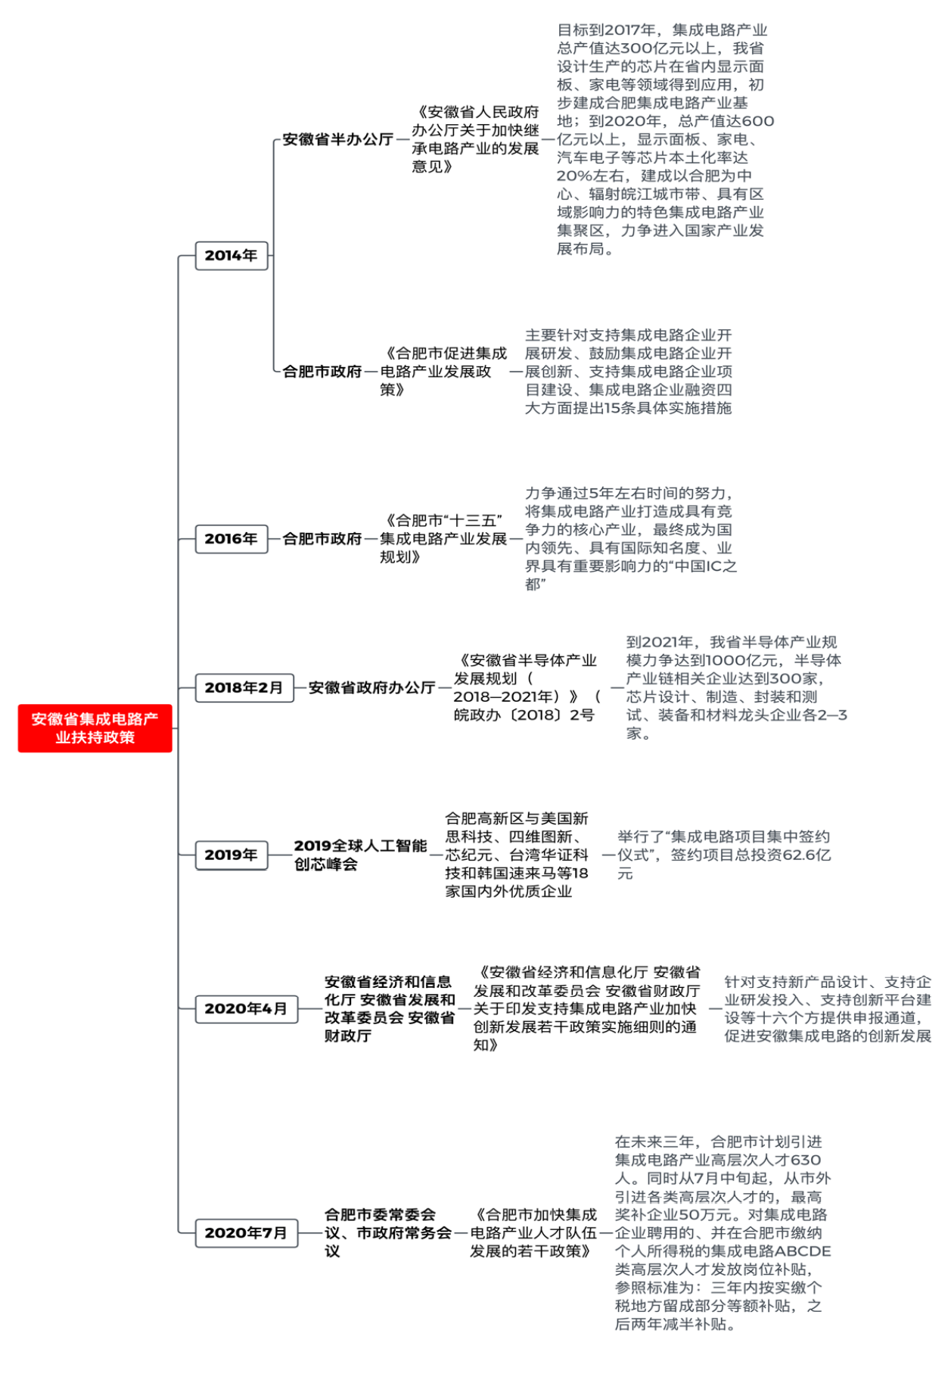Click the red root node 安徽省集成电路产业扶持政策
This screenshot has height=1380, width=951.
coord(95,728)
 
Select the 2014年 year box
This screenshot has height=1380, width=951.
coord(232,256)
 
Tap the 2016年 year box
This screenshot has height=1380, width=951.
coord(232,539)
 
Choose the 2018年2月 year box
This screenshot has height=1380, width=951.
coord(244,688)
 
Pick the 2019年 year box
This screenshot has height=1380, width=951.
coord(232,855)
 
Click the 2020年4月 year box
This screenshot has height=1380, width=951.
coord(246,1009)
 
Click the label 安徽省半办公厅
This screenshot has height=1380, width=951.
coord(338,140)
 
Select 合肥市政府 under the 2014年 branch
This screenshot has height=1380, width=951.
coord(322,372)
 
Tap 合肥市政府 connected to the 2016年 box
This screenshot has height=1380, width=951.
coord(322,539)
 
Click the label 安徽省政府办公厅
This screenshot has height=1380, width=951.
coord(371,688)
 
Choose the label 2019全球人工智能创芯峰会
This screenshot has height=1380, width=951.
coord(360,855)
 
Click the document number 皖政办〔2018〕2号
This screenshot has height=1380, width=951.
coord(524,715)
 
